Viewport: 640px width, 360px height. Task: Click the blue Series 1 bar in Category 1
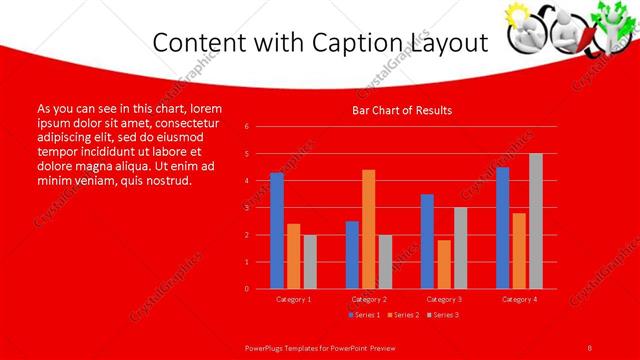(277, 231)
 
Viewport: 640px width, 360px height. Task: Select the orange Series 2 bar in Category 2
(369, 229)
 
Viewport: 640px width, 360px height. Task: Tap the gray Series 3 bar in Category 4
(536, 221)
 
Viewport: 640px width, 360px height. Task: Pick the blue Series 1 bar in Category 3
(427, 241)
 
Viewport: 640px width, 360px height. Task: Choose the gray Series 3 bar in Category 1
(310, 262)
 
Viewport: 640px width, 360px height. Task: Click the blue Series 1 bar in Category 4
(502, 228)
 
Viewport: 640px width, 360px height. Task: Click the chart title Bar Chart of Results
(402, 110)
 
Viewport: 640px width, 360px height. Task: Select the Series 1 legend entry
(363, 315)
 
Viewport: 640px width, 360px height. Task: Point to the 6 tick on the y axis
(246, 127)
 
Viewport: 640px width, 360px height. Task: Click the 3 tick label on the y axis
(246, 208)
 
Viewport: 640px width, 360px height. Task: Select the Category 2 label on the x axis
(369, 299)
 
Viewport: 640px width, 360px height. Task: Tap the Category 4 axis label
(519, 299)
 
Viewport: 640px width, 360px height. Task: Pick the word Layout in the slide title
(442, 43)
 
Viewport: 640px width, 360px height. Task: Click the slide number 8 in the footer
(590, 347)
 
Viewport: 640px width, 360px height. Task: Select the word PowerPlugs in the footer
(267, 347)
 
